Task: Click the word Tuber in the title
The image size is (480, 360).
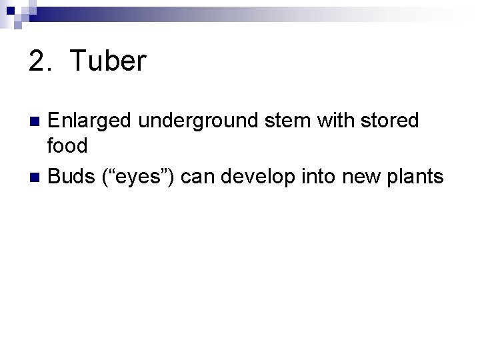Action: tap(107, 62)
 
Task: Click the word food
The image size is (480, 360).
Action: tap(67, 145)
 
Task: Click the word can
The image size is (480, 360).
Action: tap(198, 177)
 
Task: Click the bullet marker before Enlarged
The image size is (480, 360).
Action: tap(37, 122)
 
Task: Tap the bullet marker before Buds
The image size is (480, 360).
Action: tap(37, 177)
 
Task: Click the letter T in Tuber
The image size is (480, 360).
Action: tap(78, 62)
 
